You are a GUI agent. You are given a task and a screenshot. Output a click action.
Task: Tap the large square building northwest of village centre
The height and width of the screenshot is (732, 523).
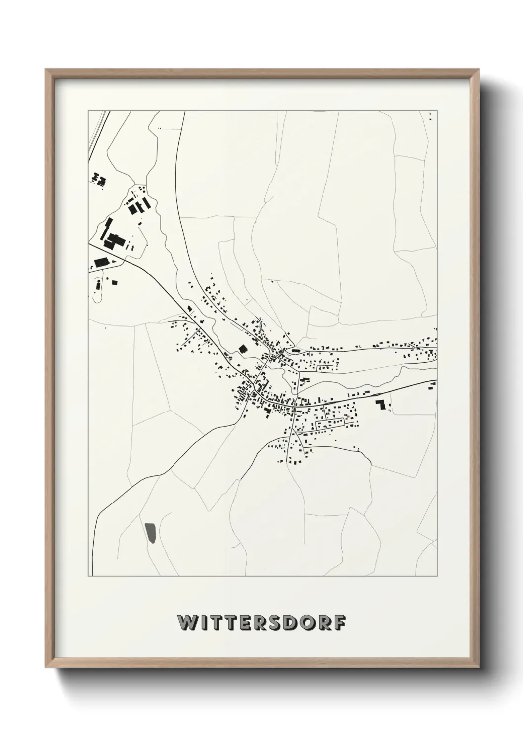tap(243, 349)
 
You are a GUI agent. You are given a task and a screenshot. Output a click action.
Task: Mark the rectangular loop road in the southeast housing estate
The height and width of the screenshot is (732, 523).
tap(330, 423)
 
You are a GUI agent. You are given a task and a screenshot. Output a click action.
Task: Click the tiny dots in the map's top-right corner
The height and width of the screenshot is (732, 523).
tap(430, 116)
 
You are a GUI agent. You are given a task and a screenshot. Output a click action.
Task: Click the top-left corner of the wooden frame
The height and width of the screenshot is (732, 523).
tap(46, 70)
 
